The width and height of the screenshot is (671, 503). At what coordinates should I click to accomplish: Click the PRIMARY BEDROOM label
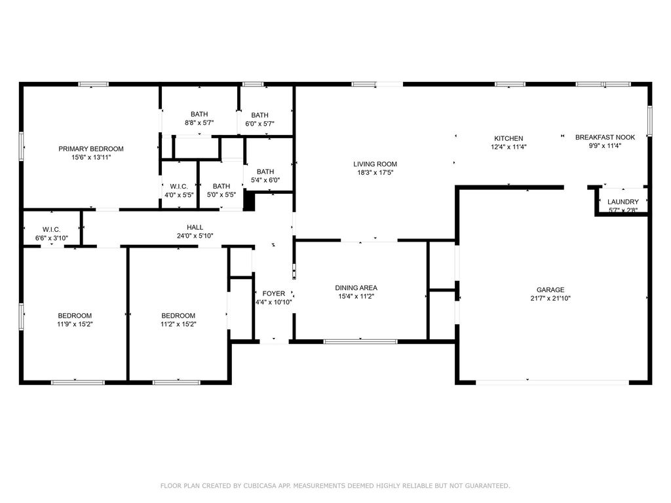coord(90,149)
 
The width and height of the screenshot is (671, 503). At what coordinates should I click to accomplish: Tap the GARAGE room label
coord(550,289)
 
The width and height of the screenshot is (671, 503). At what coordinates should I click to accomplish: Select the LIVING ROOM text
coord(375,164)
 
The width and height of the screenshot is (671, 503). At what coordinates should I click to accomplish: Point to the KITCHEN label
coord(508,138)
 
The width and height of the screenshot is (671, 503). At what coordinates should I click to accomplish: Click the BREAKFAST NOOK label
coord(605,137)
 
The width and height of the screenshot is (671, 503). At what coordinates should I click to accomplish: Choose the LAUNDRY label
coord(623,202)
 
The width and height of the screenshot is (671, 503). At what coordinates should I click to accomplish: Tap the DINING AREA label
coord(356,288)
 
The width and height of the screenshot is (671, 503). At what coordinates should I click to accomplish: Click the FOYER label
coord(273,293)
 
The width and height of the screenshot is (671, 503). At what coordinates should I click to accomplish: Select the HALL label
coord(195,227)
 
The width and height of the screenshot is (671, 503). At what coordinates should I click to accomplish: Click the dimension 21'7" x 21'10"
coord(550,298)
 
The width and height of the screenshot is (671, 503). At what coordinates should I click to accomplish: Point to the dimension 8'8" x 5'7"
coord(199,122)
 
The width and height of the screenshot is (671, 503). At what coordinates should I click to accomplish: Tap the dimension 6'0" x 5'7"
coord(259,124)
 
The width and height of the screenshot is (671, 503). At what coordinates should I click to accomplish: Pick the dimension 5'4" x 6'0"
coord(265,180)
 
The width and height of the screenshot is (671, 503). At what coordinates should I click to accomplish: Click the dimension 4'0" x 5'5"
coord(179,195)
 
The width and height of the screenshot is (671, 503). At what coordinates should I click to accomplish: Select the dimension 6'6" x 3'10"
coord(51,238)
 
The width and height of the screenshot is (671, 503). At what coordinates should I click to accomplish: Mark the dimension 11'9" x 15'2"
coord(75,324)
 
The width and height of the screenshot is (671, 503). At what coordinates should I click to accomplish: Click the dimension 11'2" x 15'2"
coord(178,324)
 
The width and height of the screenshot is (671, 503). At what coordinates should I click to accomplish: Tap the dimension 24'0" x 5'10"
coord(195,236)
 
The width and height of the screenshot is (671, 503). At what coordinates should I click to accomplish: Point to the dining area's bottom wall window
coord(360,341)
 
